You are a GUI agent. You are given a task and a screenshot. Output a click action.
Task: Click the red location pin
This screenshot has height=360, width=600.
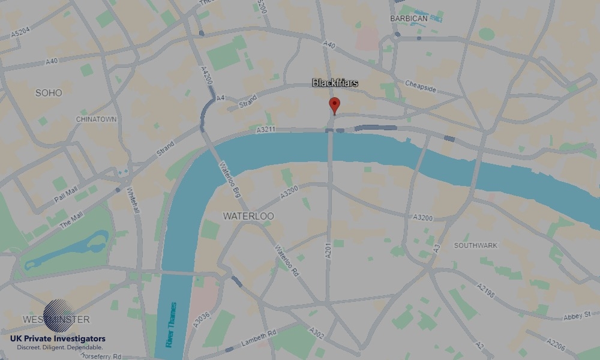(x=335, y=105)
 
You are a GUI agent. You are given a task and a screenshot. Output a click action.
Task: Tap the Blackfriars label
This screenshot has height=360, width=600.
(x=335, y=83)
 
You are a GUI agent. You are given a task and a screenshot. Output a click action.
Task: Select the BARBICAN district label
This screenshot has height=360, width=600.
(x=409, y=19)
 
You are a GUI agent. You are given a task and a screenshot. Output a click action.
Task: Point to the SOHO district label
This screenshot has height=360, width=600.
(x=49, y=93)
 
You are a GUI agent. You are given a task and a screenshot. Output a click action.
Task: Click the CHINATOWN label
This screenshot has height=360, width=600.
(x=96, y=119)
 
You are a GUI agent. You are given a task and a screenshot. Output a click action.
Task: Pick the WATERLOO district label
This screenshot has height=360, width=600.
(x=248, y=215)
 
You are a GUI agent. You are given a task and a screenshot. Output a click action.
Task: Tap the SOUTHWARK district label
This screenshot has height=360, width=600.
(x=476, y=245)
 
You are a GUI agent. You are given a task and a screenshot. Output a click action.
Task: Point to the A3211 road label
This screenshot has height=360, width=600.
(x=265, y=130)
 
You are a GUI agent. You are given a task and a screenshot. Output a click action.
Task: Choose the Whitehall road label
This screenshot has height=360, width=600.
(x=133, y=203)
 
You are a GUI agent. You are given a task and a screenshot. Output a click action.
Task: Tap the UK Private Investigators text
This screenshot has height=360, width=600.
(x=58, y=339)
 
